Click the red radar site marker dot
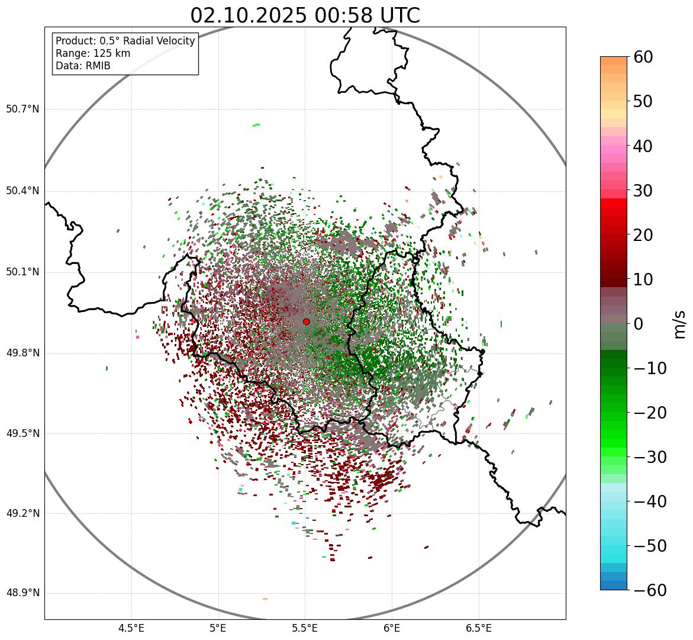point(306,321)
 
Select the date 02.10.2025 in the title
point(248,16)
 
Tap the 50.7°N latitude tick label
point(22,109)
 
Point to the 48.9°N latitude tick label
point(22,593)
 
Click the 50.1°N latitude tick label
point(22,272)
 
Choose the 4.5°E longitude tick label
point(131,628)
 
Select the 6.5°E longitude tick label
point(478,628)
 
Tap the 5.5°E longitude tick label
point(305,628)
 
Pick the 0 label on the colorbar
point(639,324)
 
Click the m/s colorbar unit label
point(680,324)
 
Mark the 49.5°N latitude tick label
point(22,433)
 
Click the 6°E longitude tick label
point(392,628)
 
